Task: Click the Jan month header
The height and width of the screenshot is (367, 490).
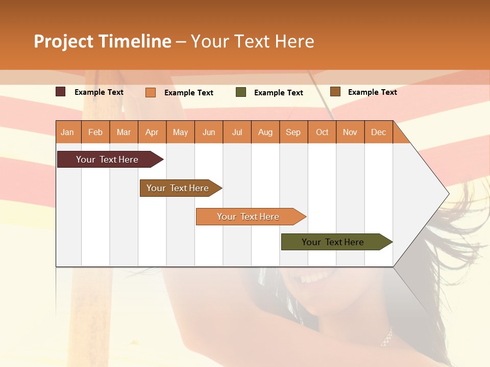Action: (67, 132)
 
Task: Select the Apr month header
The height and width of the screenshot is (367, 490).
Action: (152, 132)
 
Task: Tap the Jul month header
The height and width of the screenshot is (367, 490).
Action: (237, 132)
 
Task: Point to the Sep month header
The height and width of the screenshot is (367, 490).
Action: (293, 132)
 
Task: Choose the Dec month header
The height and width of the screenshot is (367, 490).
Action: (378, 132)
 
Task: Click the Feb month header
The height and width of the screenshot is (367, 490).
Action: (95, 132)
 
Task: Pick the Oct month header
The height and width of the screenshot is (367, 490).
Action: (322, 132)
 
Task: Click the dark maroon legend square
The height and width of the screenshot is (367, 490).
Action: (61, 92)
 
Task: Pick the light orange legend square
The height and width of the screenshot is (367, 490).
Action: (151, 92)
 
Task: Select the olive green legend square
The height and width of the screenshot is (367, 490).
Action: (241, 92)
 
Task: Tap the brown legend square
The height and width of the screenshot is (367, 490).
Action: (335, 92)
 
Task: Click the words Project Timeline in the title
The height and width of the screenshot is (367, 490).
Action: (103, 41)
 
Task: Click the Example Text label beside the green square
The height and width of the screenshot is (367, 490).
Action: (278, 93)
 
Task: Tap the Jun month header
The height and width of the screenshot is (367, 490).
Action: (209, 132)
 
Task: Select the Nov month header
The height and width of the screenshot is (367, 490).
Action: (350, 132)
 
